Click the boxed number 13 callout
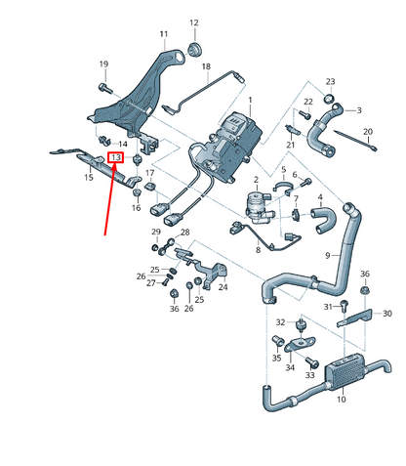115,157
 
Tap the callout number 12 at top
192,21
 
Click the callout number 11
163,34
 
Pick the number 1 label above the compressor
249,101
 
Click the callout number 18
206,65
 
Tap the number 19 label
103,64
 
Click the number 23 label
330,81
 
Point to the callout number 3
358,110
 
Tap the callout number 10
341,400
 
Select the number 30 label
386,314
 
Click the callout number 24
223,287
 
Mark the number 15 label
89,177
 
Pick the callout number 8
257,250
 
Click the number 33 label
309,375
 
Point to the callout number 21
290,146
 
